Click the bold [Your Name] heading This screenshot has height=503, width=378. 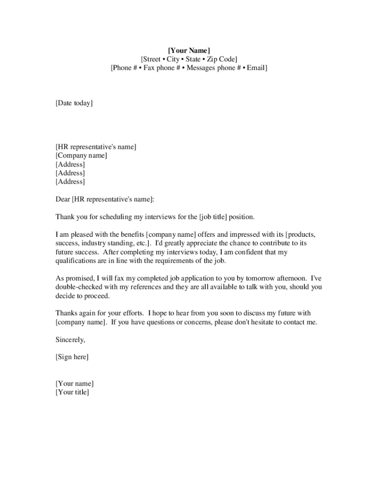(189, 51)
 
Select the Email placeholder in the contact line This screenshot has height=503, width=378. (256, 68)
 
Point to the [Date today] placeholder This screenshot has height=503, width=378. (74, 103)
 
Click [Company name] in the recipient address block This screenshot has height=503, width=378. (81, 156)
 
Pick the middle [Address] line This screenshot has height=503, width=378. (70, 173)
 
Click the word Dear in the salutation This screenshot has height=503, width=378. (63, 199)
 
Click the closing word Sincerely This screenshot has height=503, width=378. (70, 339)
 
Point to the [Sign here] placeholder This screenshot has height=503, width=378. (72, 357)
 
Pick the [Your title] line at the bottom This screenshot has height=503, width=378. (72, 392)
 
